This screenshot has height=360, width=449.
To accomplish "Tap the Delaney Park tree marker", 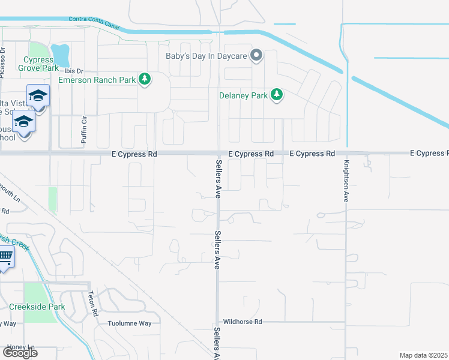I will [x=276, y=95].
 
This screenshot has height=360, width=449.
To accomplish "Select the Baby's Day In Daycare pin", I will [x=256, y=56].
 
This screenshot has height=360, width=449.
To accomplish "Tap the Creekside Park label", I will [x=37, y=307].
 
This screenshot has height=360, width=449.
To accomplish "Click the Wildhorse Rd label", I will [x=243, y=322].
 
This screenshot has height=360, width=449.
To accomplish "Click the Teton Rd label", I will [x=92, y=304].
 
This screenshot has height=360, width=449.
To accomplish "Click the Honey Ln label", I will [x=21, y=347].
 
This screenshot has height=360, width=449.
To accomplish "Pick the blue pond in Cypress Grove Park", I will [x=61, y=55].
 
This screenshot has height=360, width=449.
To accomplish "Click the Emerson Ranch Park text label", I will [x=98, y=80].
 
